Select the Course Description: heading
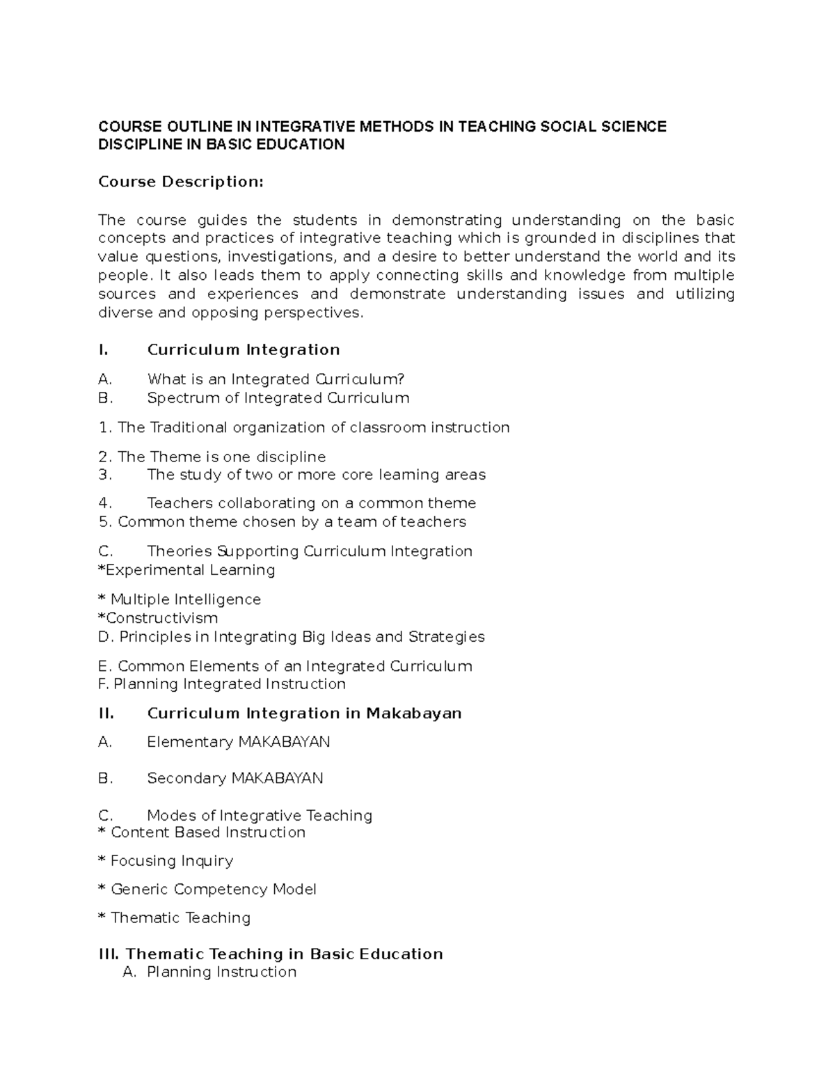pyautogui.click(x=181, y=182)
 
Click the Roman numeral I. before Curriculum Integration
pyautogui.click(x=104, y=349)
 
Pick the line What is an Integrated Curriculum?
pyautogui.click(x=276, y=379)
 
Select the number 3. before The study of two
pyautogui.click(x=105, y=475)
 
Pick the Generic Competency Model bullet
pyautogui.click(x=207, y=890)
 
